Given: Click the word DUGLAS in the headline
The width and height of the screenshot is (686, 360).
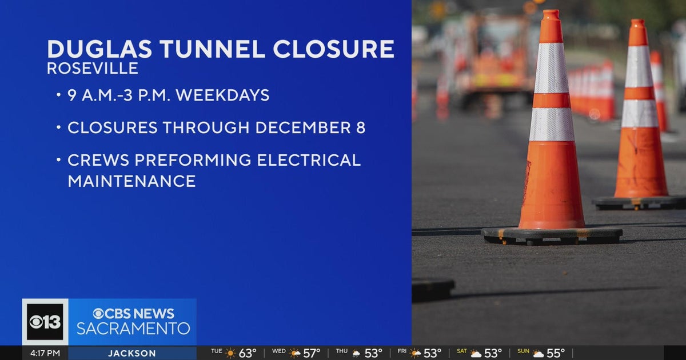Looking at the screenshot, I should coord(99,49).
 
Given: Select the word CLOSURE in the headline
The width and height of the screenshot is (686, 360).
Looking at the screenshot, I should coord(333,49).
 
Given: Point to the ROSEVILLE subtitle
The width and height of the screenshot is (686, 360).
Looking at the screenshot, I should coord(93,69).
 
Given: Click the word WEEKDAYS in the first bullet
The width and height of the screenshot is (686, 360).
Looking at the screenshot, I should coord(222,95).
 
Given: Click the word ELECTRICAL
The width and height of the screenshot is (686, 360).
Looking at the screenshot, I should coord(309,160).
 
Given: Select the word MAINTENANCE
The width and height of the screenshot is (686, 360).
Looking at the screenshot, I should coord(131,181).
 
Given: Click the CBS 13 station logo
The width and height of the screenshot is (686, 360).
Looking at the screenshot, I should coord(45,322).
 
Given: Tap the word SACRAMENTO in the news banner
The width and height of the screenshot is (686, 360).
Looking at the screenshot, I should coord(133,329).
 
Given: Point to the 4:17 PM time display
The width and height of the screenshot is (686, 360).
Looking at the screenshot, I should coord(45,353).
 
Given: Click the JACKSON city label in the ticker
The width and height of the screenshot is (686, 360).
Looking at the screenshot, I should coord(132,353).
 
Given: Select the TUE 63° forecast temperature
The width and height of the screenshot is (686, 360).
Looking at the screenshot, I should coord(247,353).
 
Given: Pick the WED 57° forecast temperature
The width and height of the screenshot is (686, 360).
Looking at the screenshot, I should coord(312,353).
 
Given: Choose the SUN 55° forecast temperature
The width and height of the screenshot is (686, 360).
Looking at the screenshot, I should coord(555,353).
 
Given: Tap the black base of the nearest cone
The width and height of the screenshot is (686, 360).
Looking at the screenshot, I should coord(552,234).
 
